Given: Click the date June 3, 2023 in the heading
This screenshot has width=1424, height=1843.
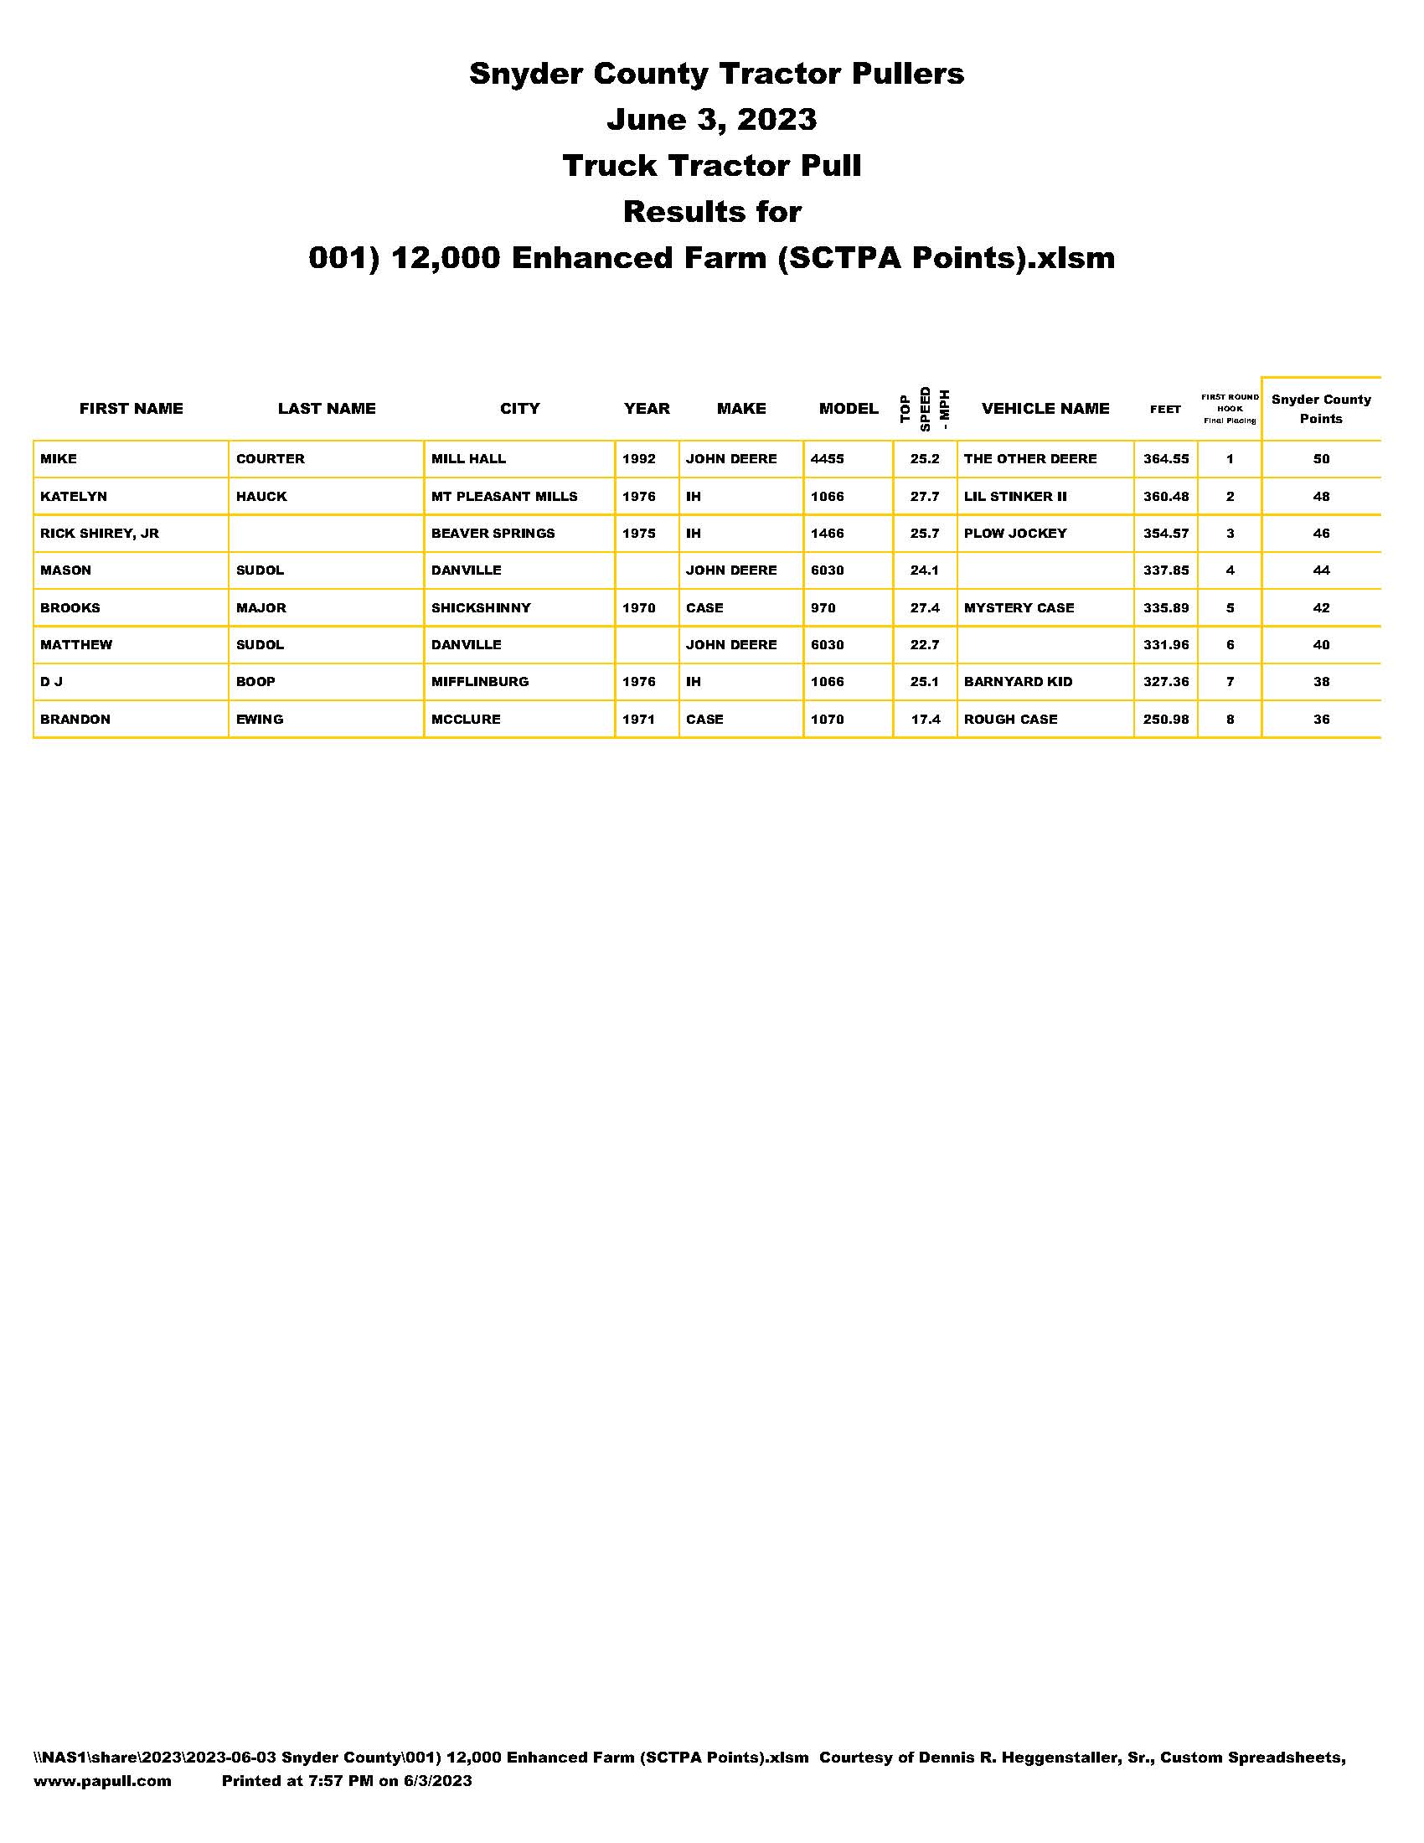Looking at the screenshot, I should [x=711, y=120].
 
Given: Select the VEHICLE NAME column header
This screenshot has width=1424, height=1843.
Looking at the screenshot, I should [x=1045, y=409].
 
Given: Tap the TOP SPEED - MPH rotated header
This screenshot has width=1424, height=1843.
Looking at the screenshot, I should [x=925, y=409].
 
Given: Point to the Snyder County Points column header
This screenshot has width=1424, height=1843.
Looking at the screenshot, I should [x=1320, y=410].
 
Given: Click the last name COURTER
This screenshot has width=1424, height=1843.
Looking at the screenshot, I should [x=270, y=459].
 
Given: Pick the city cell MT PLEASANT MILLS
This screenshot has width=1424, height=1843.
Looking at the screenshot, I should [x=503, y=496].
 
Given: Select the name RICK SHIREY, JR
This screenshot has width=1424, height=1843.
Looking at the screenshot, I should [x=100, y=534].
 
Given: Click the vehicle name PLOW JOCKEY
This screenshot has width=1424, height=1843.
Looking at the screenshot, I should [x=1015, y=534].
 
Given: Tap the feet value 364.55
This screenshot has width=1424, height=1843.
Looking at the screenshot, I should [x=1165, y=459].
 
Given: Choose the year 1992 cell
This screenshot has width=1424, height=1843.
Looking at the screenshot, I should [x=638, y=459].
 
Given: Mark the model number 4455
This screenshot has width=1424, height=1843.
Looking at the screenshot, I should [x=827, y=459].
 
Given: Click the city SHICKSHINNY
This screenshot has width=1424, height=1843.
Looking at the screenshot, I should [x=481, y=607].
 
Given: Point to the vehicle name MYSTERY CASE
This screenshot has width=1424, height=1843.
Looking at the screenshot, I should [x=1019, y=607].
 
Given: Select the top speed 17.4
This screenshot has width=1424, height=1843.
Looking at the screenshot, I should [x=926, y=719].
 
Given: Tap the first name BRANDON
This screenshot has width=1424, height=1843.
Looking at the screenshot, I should [x=75, y=719].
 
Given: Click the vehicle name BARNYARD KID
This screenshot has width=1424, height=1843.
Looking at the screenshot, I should [x=1018, y=682].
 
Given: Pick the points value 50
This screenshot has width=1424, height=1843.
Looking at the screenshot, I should [x=1320, y=459].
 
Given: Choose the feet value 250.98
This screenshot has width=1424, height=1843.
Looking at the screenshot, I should [x=1165, y=719].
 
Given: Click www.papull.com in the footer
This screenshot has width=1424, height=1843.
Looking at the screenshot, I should [x=102, y=1780].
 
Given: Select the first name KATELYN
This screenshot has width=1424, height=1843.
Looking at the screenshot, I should [x=74, y=496].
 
